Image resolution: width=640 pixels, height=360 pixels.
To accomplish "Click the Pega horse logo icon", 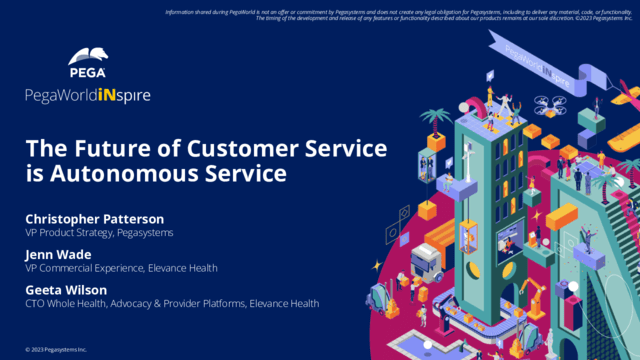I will click(88, 57).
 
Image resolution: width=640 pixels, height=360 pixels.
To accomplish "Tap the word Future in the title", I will click(100, 149).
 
